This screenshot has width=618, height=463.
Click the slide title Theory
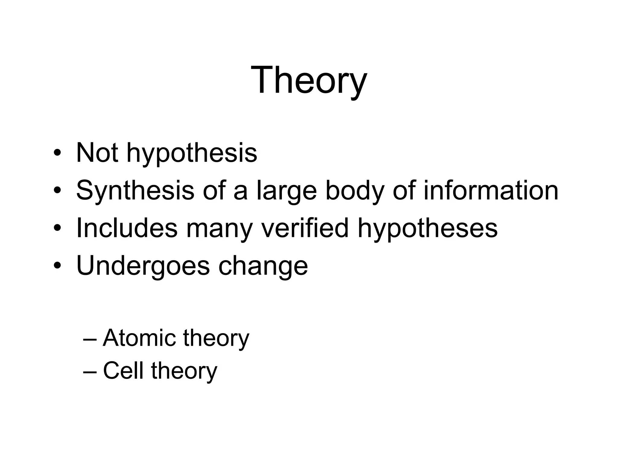pos(309,80)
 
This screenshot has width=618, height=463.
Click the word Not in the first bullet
pos(97,153)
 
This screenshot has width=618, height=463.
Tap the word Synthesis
pos(135,191)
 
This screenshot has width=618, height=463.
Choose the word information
pos(491,191)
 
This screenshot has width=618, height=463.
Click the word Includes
pos(127,228)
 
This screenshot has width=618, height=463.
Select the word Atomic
pos(139,338)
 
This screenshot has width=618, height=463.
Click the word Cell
pos(123,370)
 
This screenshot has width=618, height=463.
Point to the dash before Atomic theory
pos(90,339)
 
